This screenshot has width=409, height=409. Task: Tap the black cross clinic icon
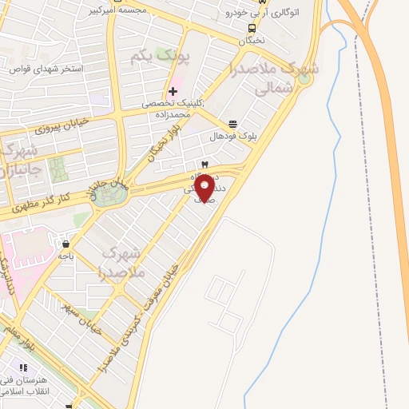tap(173, 91)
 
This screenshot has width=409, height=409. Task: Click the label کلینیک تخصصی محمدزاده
tap(172, 109)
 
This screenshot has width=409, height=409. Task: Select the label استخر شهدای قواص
tap(46, 69)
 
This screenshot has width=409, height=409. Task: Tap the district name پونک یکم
tap(161, 57)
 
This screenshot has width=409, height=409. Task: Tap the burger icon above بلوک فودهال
tap(232, 124)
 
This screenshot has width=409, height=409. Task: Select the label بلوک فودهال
tap(232, 137)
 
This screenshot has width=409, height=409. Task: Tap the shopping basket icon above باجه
tap(65, 244)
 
